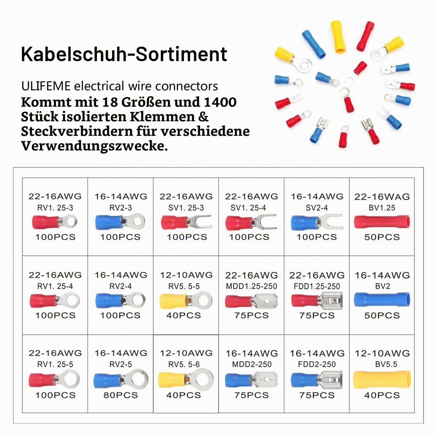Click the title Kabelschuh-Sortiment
tap(124, 54)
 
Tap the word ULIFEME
tap(46, 86)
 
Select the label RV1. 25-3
tap(55, 208)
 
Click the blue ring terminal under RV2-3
tap(120, 221)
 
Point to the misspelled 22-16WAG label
tap(382, 197)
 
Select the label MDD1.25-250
tap(251, 286)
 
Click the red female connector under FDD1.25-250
tap(317, 301)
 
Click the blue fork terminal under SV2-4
tap(317, 222)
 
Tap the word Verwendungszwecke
tap(94, 146)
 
